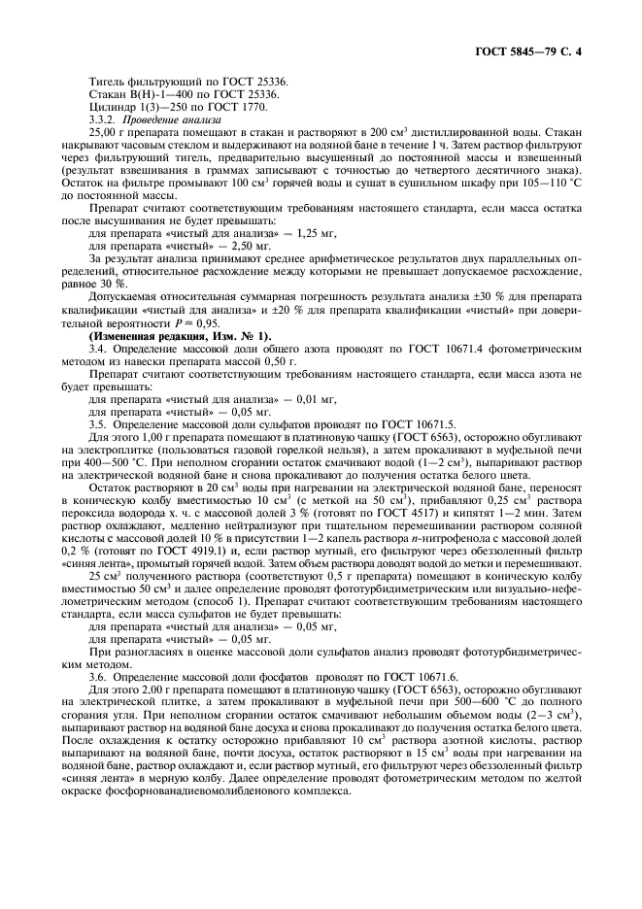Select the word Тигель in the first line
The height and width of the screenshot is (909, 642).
[x=106, y=81]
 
